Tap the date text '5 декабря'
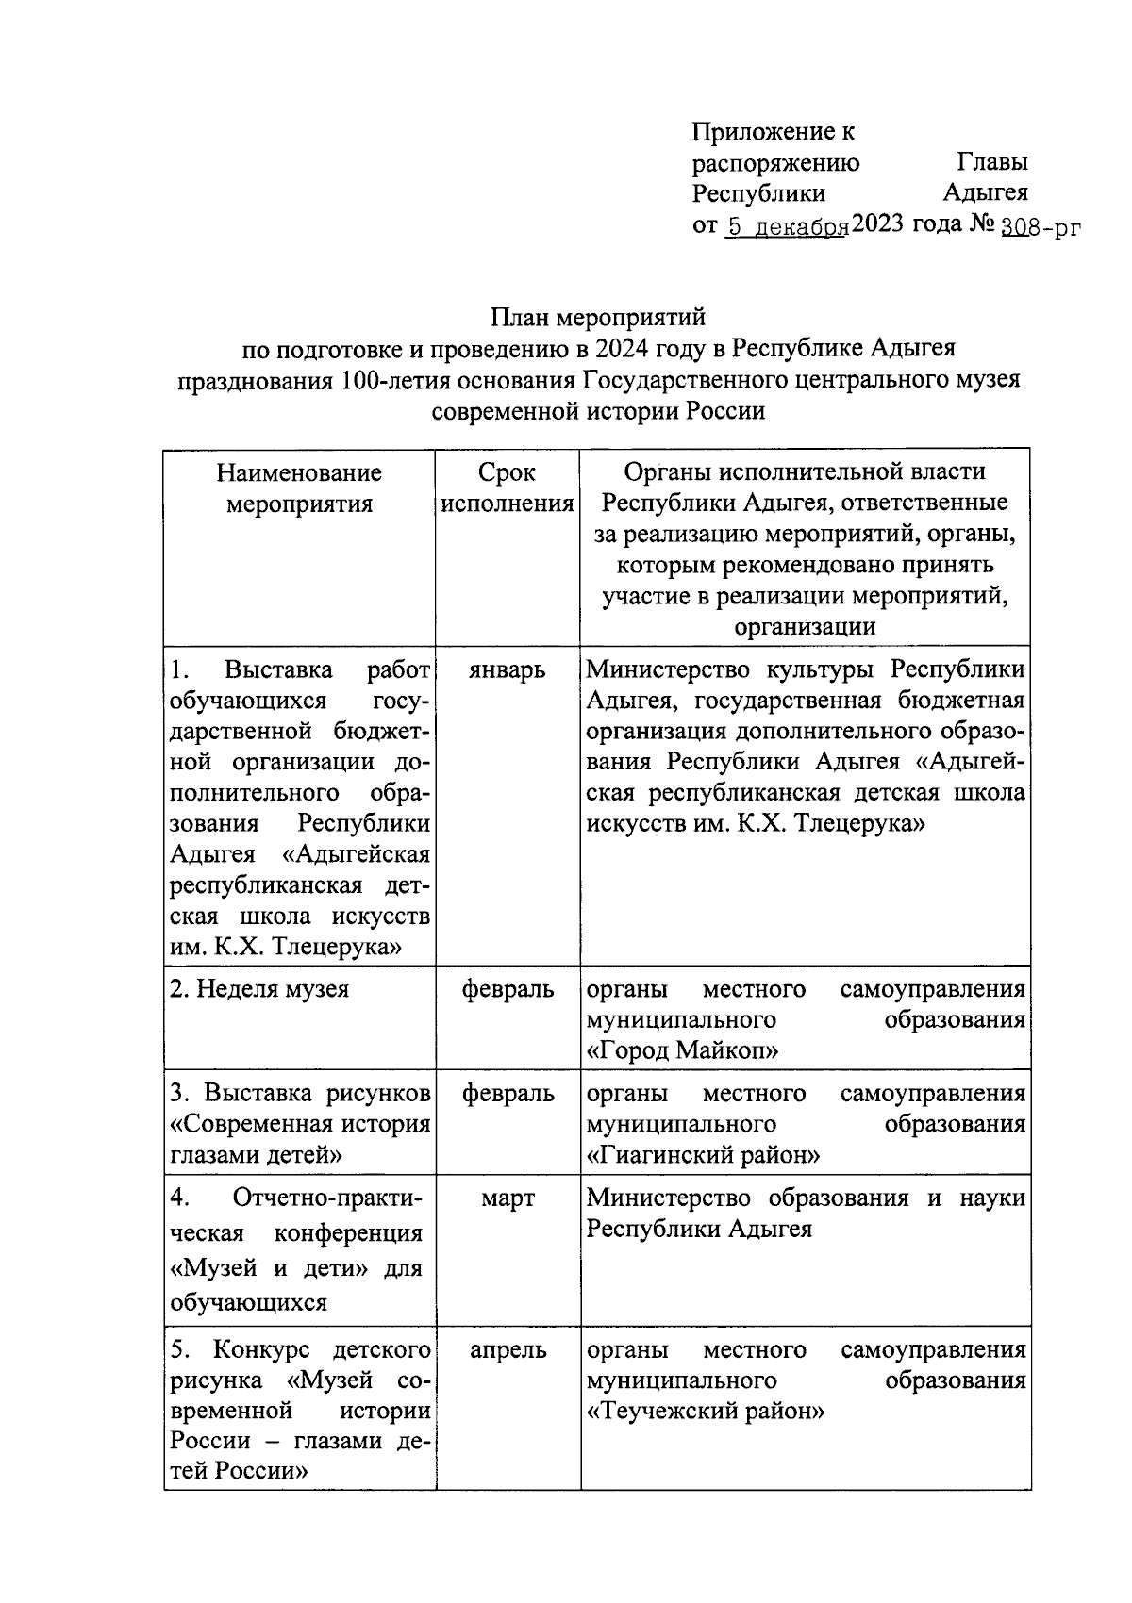pos(785,227)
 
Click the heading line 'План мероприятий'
pos(597,318)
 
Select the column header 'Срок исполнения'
pos(508,488)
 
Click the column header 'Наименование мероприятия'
pos(299,488)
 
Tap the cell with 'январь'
pos(508,670)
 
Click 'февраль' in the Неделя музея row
pos(508,990)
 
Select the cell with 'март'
pos(508,1198)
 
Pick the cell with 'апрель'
pos(508,1349)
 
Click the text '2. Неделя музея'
pos(259,990)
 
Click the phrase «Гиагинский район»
pos(703,1155)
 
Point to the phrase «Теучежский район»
pos(706,1412)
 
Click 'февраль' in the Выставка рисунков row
pos(508,1094)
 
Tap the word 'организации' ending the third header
pos(805,627)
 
